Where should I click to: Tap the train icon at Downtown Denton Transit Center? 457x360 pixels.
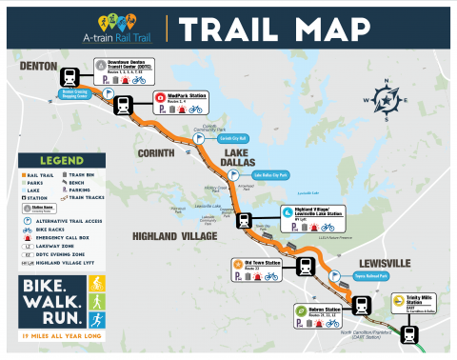click(x=70, y=77)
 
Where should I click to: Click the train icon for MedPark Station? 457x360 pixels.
click(x=124, y=106)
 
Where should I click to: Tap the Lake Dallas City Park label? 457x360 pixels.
click(x=271, y=175)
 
